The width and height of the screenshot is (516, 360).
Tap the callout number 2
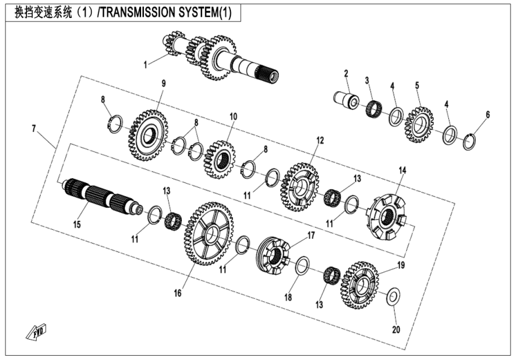pos(346,74)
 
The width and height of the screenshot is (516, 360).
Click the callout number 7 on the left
pos(34,128)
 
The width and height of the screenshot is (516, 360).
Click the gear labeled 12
pos(302,186)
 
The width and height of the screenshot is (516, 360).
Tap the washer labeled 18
pos(303,265)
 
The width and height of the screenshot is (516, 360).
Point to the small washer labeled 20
pos(394,296)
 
